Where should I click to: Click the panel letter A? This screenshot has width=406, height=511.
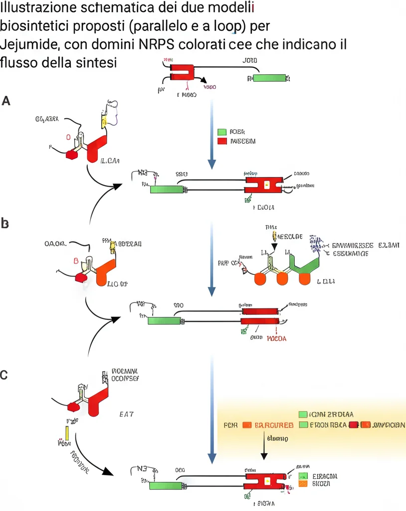coord(6,101)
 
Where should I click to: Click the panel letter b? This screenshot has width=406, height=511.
coord(5,224)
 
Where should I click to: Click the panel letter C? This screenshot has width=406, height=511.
coord(5,374)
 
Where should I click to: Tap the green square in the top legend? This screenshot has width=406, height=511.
coord(222,132)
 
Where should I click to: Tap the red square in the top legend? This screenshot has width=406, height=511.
coord(222,141)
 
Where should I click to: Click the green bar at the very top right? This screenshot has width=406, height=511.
coord(269,78)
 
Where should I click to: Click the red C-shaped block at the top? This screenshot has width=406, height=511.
coord(182,72)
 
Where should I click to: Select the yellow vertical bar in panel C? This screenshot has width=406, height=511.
coord(67,434)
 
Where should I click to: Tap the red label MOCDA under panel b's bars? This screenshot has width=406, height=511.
coord(277,338)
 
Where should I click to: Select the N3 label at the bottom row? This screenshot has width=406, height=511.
coord(144,470)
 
